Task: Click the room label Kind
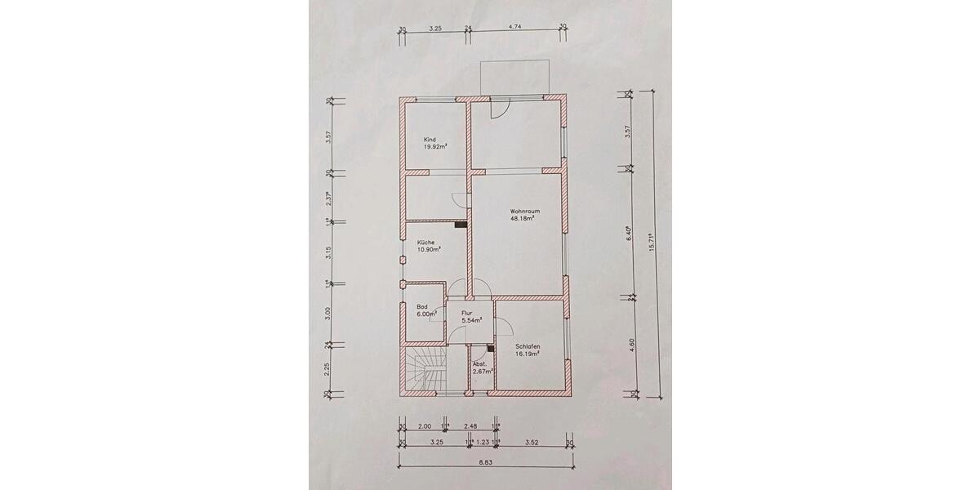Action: coord(430,140)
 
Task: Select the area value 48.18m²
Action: coord(523,219)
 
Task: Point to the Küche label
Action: coord(425,243)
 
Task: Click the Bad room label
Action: coord(421,307)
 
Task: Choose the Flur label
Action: coord(468,313)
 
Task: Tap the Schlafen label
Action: coord(528,346)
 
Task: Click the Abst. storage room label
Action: coord(481,363)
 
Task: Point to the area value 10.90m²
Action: coord(429,251)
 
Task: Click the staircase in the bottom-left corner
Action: coord(424,371)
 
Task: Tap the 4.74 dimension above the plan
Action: coord(515,27)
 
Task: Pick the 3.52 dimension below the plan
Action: coord(532,443)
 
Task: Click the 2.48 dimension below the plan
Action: coord(471,425)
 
